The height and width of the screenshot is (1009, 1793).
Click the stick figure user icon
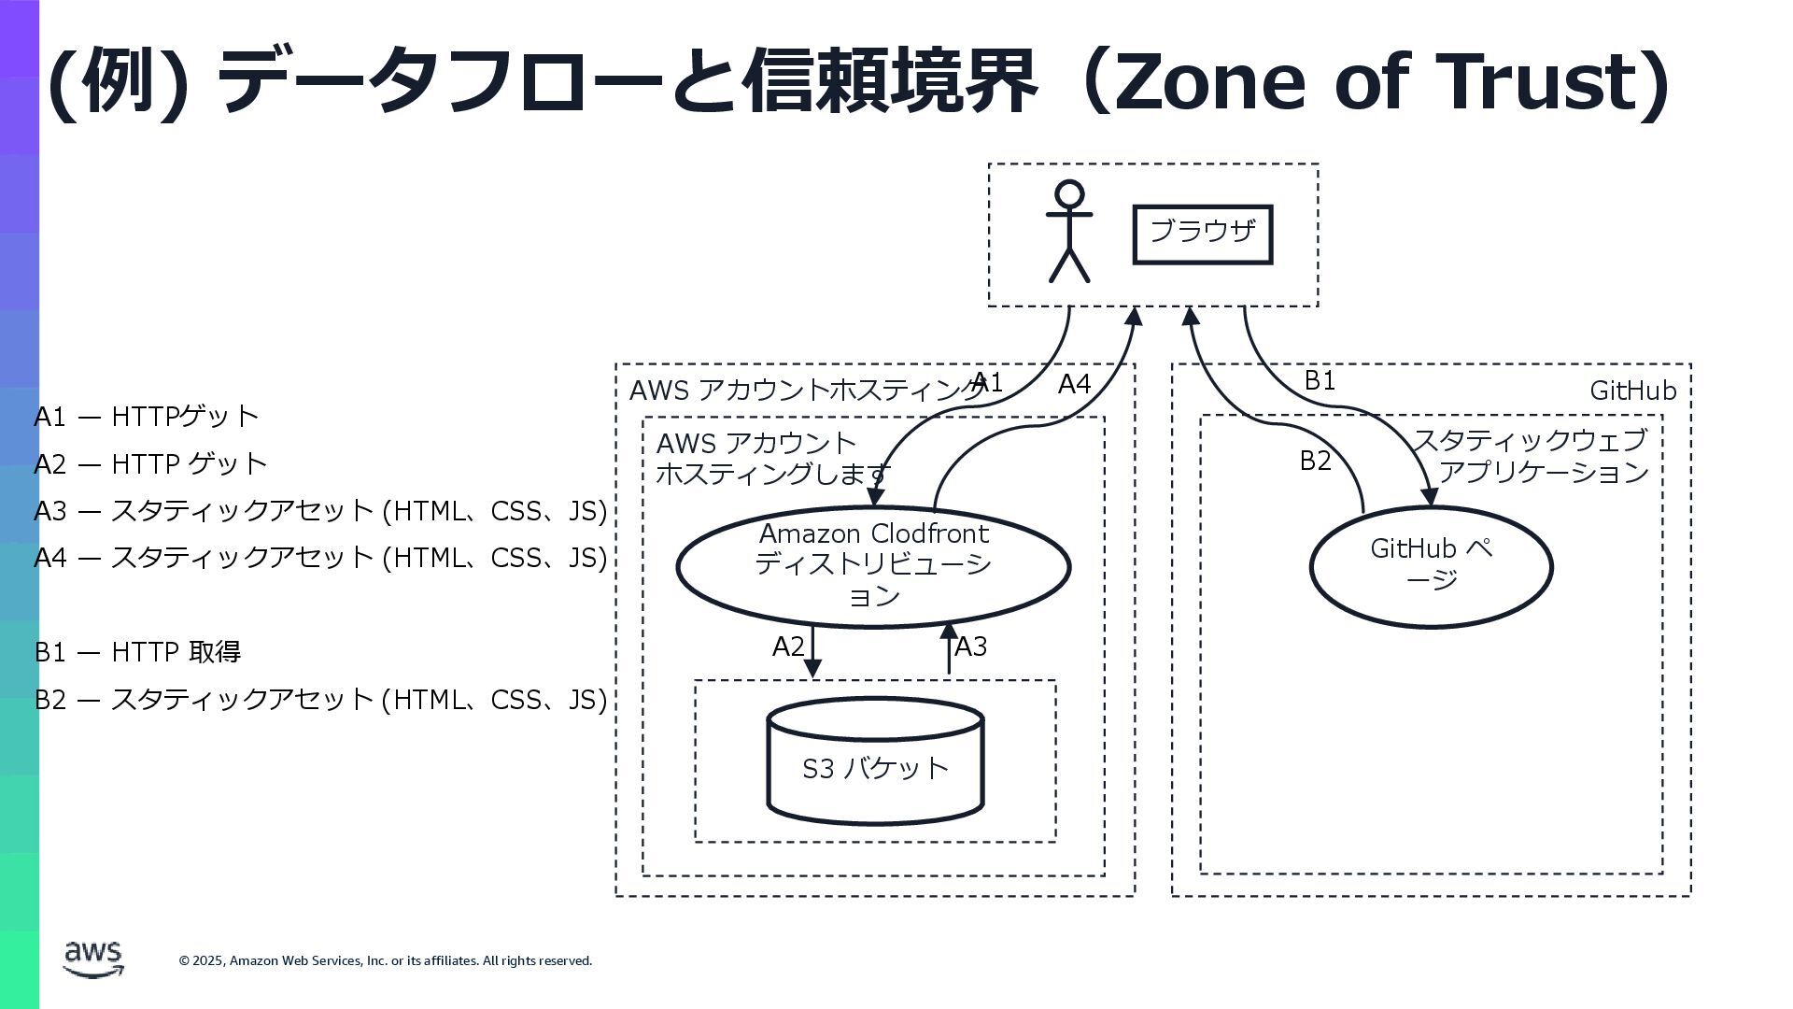tap(1068, 232)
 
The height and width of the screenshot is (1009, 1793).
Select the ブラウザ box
tap(1202, 234)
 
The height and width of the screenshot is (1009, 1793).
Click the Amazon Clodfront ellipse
tap(873, 566)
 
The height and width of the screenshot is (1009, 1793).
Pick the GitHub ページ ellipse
tap(1431, 566)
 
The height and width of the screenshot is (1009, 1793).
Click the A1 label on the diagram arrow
tap(987, 382)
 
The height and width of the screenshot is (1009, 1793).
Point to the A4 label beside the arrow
tap(1074, 384)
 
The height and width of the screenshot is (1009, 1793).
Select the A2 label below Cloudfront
tap(788, 647)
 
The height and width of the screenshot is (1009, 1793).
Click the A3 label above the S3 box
tap(971, 647)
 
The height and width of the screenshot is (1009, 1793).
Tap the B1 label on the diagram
tap(1320, 380)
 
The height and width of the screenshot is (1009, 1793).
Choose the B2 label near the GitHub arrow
tap(1315, 461)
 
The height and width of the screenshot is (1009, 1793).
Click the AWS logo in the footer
tap(93, 959)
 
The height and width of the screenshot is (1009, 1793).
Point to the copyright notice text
tap(385, 961)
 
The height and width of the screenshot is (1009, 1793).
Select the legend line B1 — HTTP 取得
tap(137, 652)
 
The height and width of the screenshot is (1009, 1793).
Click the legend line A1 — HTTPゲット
tap(146, 417)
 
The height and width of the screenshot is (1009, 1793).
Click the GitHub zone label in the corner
tap(1632, 391)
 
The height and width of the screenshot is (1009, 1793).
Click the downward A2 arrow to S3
tap(812, 652)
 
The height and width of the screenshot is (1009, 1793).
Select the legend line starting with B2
tap(320, 700)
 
